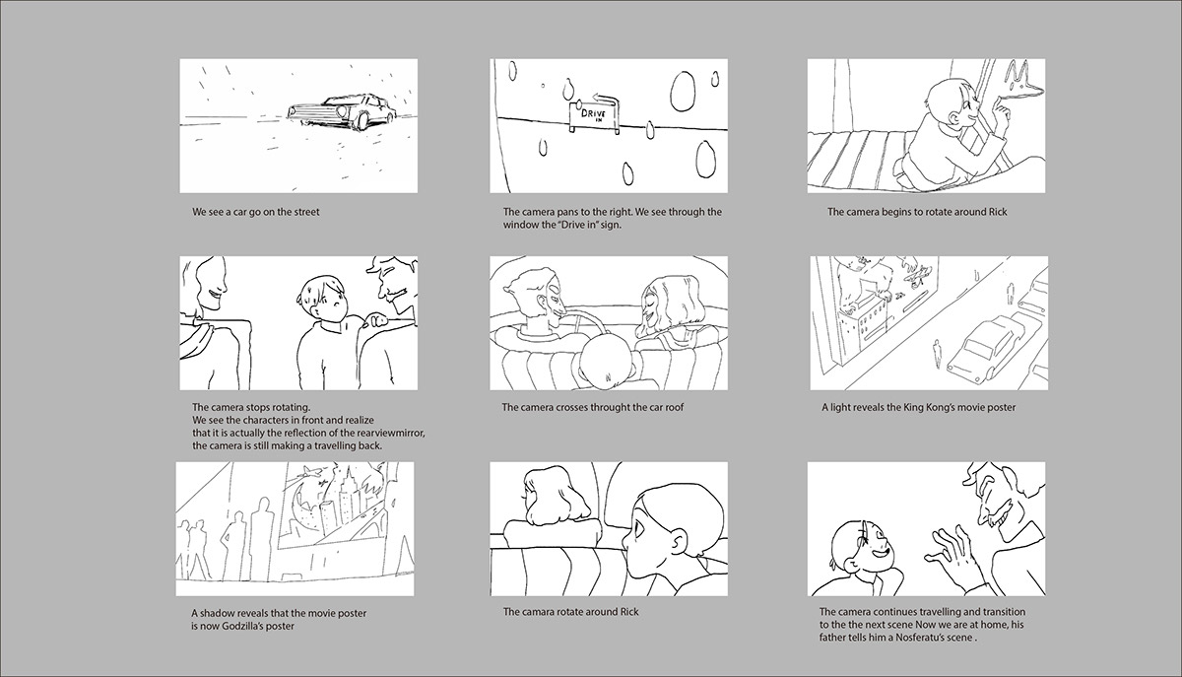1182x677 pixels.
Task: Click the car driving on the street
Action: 342,111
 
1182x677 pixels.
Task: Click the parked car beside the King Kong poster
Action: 985,347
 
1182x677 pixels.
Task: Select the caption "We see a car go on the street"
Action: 256,212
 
